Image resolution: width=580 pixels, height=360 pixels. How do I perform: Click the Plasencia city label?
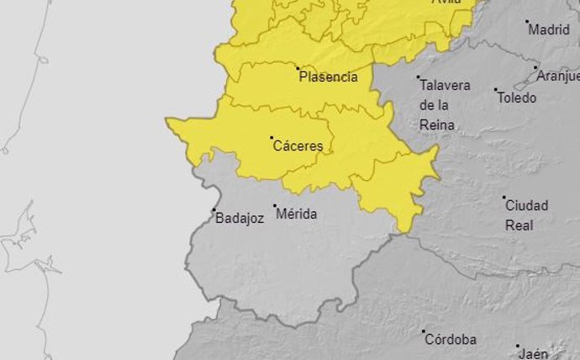tap(328, 77)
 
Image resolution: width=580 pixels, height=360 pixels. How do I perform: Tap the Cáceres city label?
tap(298, 146)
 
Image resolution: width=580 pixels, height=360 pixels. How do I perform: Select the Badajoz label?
tap(240, 217)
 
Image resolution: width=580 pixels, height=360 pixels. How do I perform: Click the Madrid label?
tap(549, 29)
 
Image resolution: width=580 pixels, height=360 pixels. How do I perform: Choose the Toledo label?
tap(517, 98)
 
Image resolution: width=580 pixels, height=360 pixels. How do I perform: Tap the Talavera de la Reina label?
tap(445, 105)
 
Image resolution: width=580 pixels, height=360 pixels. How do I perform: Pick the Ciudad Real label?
tap(526, 215)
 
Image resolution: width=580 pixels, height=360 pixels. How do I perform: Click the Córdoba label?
tap(451, 340)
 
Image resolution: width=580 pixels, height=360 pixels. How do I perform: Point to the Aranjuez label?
tap(559, 76)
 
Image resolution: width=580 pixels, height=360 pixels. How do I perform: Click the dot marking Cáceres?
tap(272, 137)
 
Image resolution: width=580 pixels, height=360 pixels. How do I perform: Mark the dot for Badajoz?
tap(214, 209)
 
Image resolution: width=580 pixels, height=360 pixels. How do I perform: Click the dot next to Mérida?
tap(274, 205)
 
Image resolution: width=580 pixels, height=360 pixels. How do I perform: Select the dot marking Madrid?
tap(527, 22)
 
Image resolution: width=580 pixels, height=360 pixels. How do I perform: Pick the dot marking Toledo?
tap(495, 89)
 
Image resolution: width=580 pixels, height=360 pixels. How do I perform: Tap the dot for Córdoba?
tap(424, 331)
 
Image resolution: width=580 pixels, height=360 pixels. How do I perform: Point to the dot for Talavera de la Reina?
tap(418, 77)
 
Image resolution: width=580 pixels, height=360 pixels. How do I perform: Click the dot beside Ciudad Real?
tap(504, 199)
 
